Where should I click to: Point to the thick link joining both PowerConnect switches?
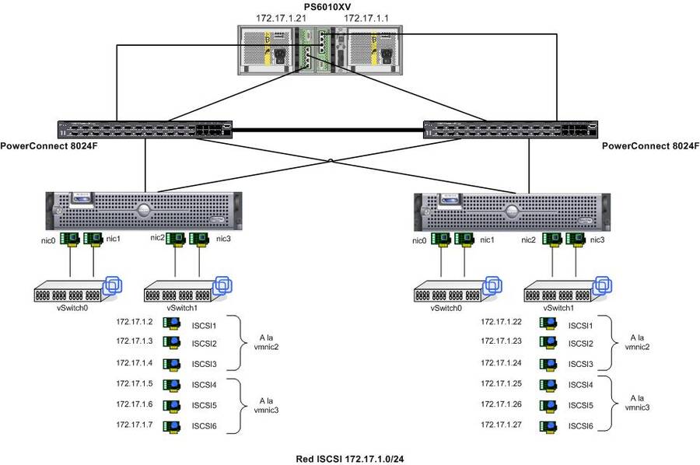click(x=327, y=130)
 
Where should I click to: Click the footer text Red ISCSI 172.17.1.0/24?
click(x=349, y=459)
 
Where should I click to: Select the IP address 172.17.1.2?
click(x=133, y=321)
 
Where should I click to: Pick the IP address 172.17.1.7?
click(x=133, y=425)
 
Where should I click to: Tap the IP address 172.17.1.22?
click(x=500, y=321)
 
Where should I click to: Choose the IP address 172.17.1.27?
click(x=500, y=425)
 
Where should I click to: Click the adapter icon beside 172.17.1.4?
click(x=171, y=364)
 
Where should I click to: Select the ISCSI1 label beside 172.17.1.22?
click(x=580, y=326)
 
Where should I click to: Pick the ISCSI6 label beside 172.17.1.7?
click(x=203, y=426)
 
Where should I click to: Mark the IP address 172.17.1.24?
click(x=500, y=362)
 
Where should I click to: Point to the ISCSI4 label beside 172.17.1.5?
click(x=203, y=385)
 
